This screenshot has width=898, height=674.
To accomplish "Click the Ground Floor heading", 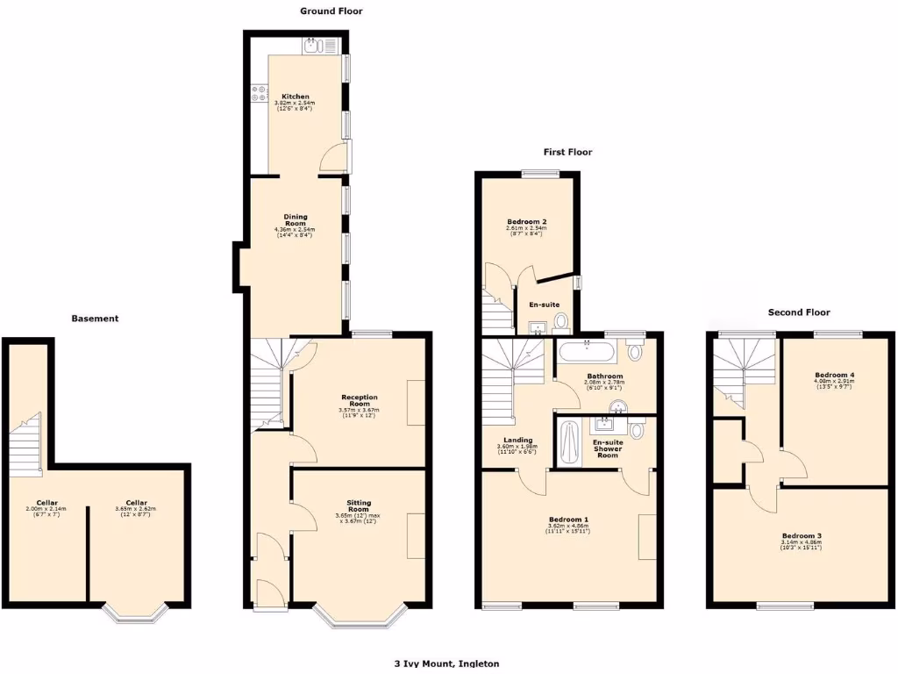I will (331, 11).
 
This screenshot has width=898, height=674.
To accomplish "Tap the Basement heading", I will (95, 319).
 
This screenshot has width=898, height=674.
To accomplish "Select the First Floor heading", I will (567, 152).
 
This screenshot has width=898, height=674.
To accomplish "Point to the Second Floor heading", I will (798, 312).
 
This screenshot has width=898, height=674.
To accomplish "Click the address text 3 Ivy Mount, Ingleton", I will (446, 664).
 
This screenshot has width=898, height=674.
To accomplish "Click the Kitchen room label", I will (296, 97).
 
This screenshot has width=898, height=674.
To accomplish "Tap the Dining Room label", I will (295, 220).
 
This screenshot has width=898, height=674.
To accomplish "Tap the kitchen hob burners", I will (259, 93).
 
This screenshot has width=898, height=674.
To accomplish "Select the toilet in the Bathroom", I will (634, 351).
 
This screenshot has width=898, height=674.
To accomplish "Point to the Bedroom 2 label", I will (526, 221).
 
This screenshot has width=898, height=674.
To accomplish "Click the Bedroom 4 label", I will (834, 375).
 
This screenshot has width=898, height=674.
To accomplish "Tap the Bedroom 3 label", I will (802, 535).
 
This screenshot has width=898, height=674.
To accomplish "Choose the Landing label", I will (518, 440).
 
